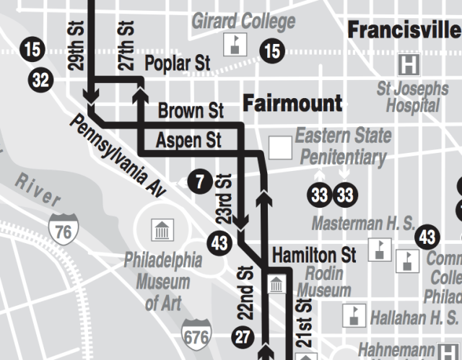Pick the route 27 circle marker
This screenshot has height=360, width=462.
tap(243, 336)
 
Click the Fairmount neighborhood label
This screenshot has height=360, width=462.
tap(292, 103)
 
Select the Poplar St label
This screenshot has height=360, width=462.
tap(178, 63)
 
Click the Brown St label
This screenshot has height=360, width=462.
tap(191, 112)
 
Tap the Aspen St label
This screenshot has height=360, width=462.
tap(188, 139)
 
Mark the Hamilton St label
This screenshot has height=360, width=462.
tap(314, 255)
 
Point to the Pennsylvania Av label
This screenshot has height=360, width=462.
tap(118, 155)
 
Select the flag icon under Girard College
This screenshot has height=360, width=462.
tap(233, 44)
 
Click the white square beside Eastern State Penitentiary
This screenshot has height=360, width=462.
tap(280, 148)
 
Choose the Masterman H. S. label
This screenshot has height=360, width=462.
tap(363, 224)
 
